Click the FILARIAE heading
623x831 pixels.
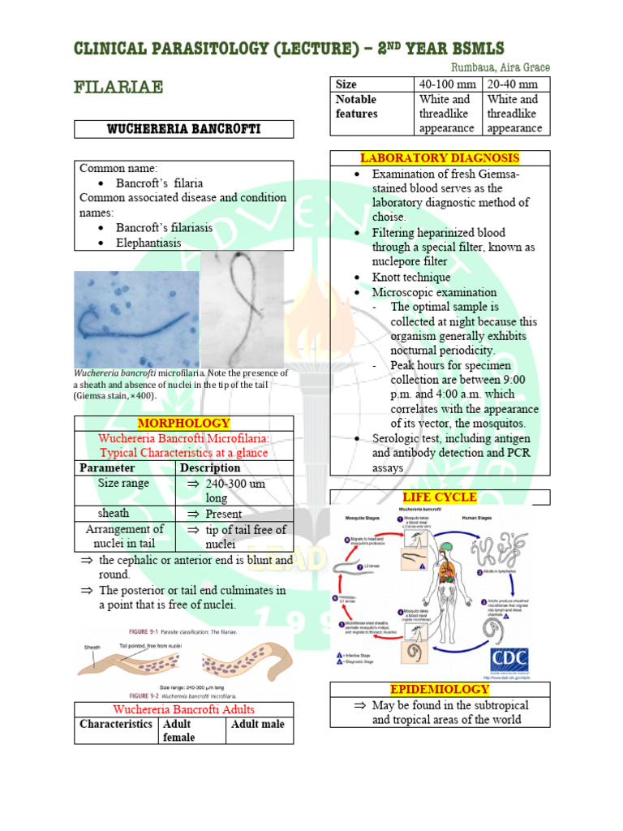(118, 86)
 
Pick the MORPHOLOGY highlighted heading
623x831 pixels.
(183, 424)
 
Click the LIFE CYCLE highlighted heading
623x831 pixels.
(440, 497)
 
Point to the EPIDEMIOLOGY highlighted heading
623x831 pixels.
(440, 689)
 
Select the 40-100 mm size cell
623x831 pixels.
(447, 84)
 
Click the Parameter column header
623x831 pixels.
(107, 467)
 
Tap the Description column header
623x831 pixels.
(210, 467)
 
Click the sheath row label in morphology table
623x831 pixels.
(114, 513)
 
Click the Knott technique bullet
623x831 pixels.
(410, 277)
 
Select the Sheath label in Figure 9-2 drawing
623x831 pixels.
(92, 647)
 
